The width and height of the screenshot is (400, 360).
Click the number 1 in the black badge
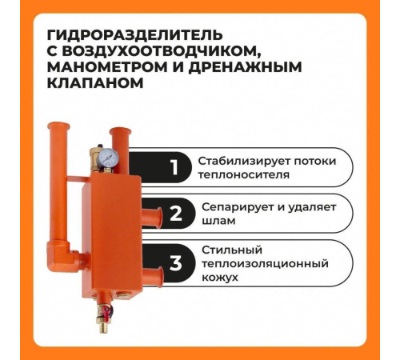tap(174, 168)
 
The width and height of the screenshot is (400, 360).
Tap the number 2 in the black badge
tap(175, 214)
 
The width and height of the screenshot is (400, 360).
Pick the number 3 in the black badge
tap(175, 263)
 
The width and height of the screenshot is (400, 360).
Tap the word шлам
tap(215, 221)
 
